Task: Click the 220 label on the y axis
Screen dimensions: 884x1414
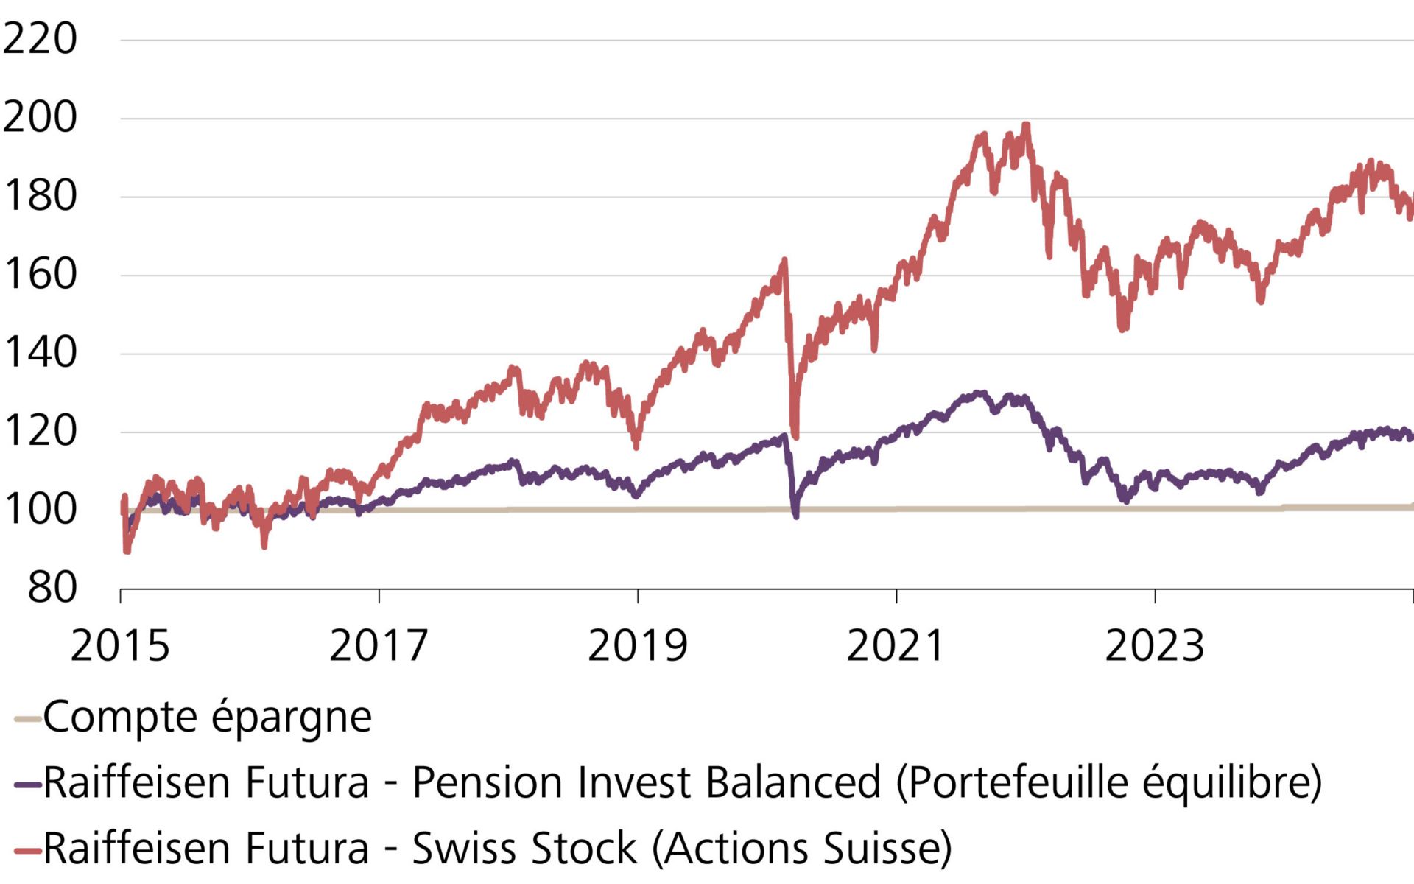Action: pyautogui.click(x=40, y=39)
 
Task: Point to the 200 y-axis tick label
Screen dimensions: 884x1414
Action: pyautogui.click(x=40, y=118)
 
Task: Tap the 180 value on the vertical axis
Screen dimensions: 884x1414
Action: pyautogui.click(x=40, y=197)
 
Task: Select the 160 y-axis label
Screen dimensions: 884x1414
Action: pyautogui.click(x=40, y=275)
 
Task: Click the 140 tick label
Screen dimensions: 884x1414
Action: pyautogui.click(x=40, y=353)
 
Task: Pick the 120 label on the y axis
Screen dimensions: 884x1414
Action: pyautogui.click(x=40, y=432)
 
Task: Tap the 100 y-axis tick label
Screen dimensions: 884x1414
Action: pyautogui.click(x=40, y=510)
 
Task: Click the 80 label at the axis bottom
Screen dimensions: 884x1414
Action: pyautogui.click(x=52, y=588)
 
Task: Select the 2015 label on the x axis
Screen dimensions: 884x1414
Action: pyautogui.click(x=120, y=646)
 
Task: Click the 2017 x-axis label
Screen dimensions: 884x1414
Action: pyautogui.click(x=379, y=646)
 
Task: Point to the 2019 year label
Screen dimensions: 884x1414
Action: pyautogui.click(x=637, y=646)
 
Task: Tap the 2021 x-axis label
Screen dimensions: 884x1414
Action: pyautogui.click(x=896, y=646)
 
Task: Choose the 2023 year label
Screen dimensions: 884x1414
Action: pyautogui.click(x=1154, y=646)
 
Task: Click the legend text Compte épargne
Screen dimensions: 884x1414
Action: pyautogui.click(x=207, y=717)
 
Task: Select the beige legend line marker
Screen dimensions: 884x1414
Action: pyautogui.click(x=28, y=719)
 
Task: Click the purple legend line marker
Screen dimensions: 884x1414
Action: pyautogui.click(x=28, y=785)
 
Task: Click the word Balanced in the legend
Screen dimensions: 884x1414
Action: pyautogui.click(x=793, y=782)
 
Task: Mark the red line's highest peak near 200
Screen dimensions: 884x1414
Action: pyautogui.click(x=1026, y=125)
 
